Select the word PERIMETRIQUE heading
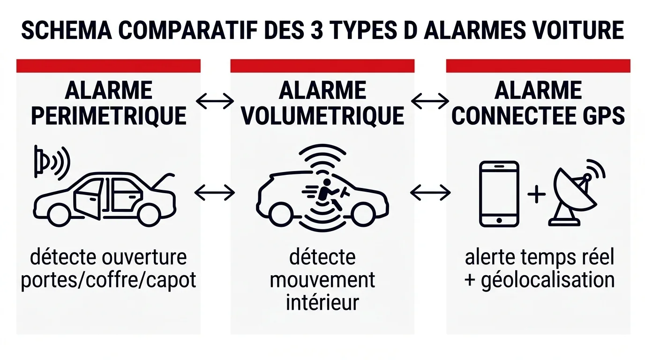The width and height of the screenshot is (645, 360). point(109,115)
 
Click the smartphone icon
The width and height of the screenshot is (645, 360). point(499,194)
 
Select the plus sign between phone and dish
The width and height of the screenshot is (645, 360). point(537,194)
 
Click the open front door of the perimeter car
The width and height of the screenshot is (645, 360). point(88,199)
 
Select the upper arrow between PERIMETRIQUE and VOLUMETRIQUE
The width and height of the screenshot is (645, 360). point(215,100)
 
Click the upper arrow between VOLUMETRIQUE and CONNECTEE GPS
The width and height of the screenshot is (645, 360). point(430,100)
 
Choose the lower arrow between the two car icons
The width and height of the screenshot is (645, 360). point(215,192)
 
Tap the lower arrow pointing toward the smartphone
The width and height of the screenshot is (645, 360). point(430,192)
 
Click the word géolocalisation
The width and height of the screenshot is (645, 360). point(547,280)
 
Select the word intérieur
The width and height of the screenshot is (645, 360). point(322,302)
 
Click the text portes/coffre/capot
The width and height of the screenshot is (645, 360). point(109,280)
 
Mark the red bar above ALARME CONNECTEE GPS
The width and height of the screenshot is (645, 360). point(538,66)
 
